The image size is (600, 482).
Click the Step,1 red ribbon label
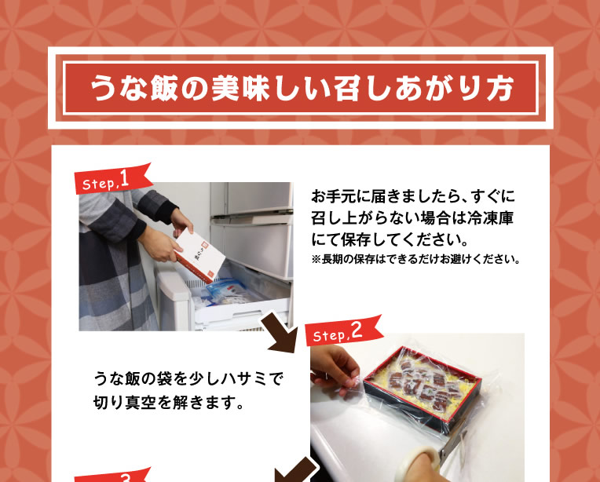point(114,179)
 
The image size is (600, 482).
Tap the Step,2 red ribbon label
point(345,330)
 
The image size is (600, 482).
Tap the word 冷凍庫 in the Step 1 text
point(490,218)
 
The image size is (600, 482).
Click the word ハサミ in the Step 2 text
point(235,379)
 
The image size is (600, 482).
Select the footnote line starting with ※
point(415,259)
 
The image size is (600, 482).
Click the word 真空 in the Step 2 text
point(141,403)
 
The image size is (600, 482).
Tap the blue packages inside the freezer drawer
point(224,291)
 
